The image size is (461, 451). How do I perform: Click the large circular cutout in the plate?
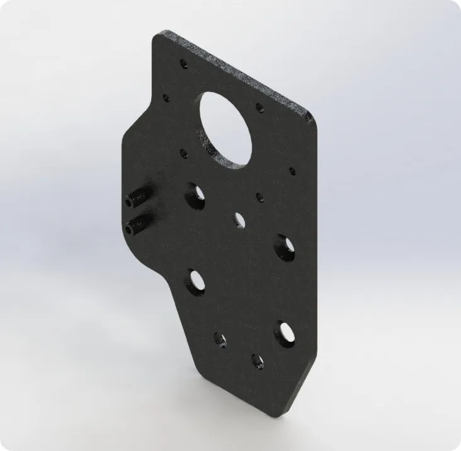point(226,129)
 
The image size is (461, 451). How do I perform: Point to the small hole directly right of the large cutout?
point(259,108)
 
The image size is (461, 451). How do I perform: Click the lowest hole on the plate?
point(257,361)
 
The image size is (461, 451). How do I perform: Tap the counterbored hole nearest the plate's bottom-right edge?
point(284,333)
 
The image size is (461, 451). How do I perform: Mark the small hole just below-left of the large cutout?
point(184,153)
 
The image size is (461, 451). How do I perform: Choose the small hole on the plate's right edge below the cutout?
point(291,171)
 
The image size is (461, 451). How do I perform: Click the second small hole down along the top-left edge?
point(167,98)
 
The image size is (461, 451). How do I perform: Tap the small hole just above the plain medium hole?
point(259,197)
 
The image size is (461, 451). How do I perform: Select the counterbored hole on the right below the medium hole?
point(282,245)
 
